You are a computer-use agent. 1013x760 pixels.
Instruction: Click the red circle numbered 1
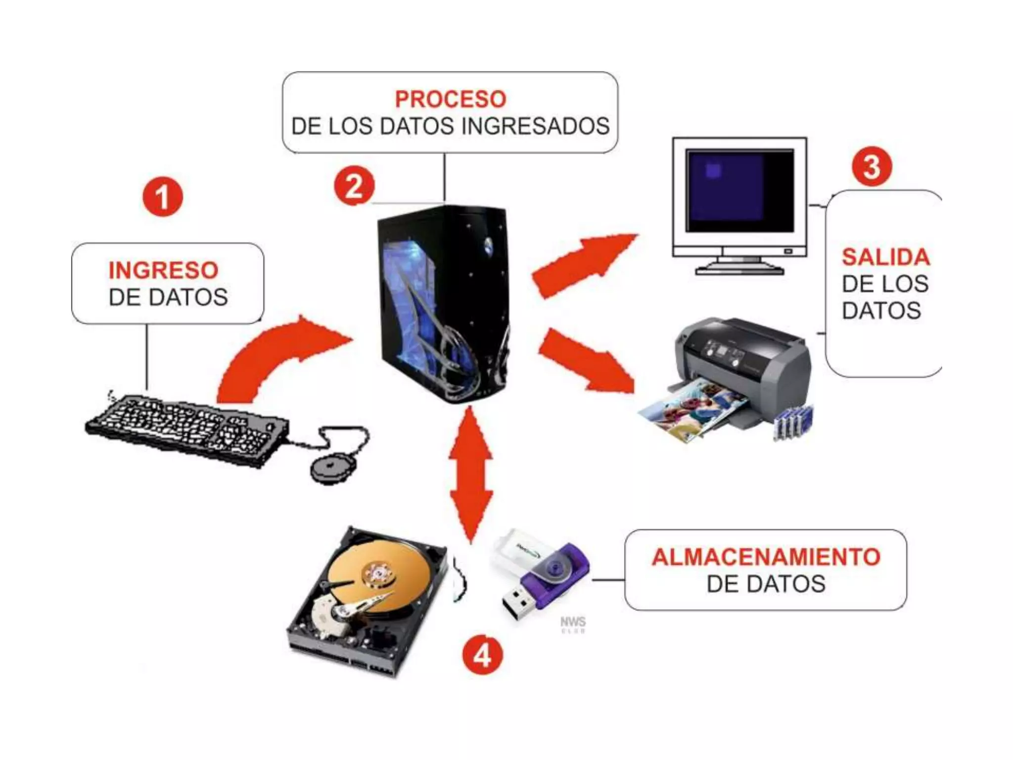(x=163, y=197)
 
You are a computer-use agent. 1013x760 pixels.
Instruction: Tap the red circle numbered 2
(x=354, y=186)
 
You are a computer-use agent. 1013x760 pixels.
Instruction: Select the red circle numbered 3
(x=872, y=166)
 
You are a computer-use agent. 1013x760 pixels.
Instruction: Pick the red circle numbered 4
(x=482, y=656)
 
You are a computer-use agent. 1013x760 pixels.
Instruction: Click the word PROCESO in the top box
(x=450, y=99)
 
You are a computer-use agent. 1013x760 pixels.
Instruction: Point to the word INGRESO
(x=163, y=270)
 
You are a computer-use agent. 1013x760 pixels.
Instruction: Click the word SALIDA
(x=885, y=257)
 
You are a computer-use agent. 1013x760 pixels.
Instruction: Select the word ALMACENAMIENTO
(x=766, y=557)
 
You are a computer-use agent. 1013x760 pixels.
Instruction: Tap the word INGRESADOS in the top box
(x=535, y=126)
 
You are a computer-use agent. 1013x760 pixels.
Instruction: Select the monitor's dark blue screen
(x=739, y=190)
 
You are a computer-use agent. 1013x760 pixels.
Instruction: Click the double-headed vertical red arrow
(x=471, y=475)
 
